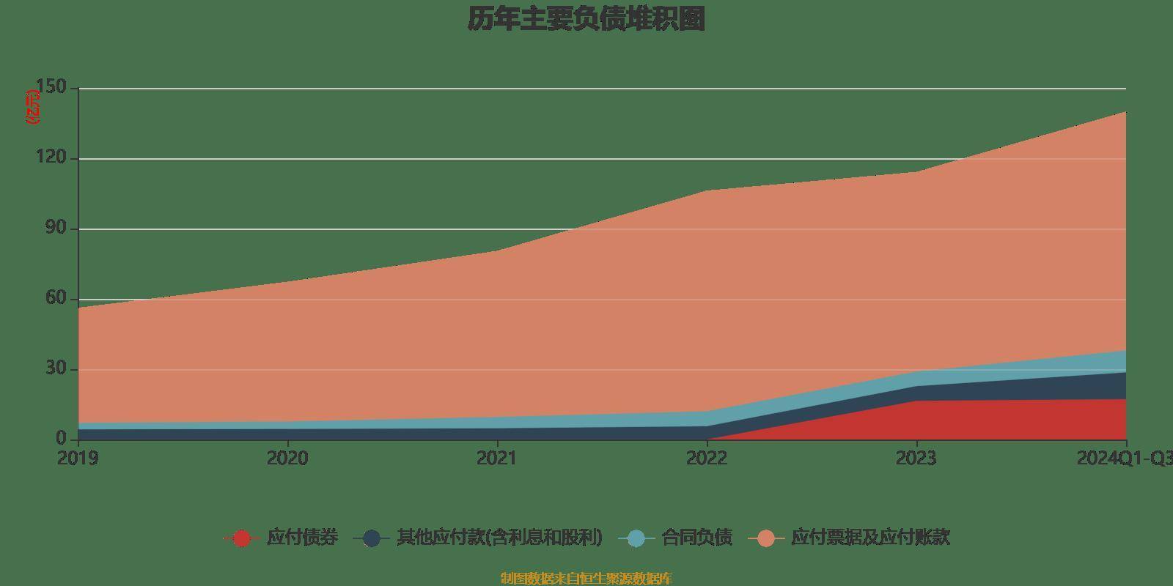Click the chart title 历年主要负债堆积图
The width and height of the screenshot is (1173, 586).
click(x=586, y=20)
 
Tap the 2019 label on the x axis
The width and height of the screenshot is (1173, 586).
click(x=78, y=459)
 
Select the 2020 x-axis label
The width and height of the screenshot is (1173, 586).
click(x=287, y=459)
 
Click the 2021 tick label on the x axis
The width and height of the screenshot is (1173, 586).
click(x=497, y=459)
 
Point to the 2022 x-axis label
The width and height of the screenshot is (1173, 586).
click(x=707, y=459)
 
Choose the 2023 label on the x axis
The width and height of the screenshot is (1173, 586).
click(x=916, y=459)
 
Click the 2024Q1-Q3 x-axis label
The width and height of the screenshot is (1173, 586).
click(x=1125, y=459)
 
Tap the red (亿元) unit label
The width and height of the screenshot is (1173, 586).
click(x=33, y=107)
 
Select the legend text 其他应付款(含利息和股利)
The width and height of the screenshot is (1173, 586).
click(x=499, y=538)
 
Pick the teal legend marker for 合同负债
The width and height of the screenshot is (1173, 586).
click(x=636, y=538)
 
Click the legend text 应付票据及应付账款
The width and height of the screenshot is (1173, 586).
click(x=870, y=538)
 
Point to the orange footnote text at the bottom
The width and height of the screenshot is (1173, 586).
click(x=586, y=579)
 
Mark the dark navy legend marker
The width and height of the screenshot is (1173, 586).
click(x=372, y=538)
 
